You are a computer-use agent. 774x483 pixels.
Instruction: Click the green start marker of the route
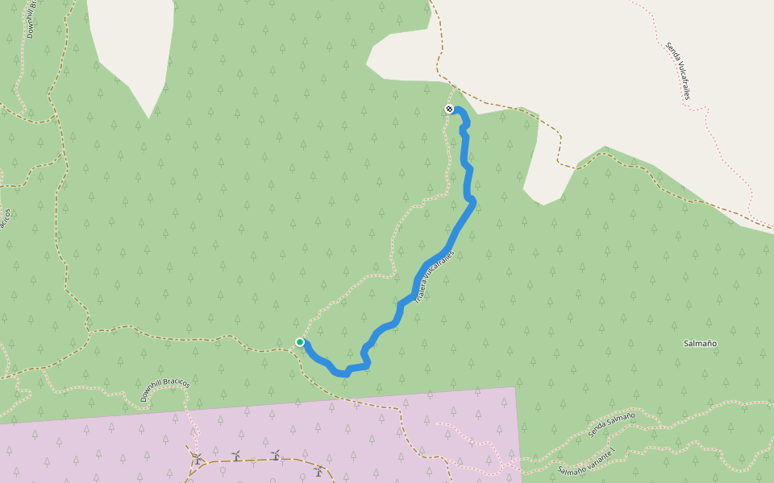tap(300, 342)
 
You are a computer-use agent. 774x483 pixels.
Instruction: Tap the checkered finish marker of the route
tap(449, 109)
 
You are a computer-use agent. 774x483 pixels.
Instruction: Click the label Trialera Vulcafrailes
tap(435, 276)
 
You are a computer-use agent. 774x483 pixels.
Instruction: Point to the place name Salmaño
tap(700, 344)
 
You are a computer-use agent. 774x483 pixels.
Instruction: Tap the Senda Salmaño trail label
tap(611, 424)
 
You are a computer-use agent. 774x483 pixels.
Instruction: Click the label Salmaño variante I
tap(586, 460)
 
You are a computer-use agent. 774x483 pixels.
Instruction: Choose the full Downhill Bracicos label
tap(164, 390)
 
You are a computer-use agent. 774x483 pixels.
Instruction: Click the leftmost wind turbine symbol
tap(196, 460)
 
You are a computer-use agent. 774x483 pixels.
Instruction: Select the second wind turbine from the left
tap(235, 456)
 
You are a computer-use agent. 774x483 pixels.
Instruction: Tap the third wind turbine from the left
tap(275, 455)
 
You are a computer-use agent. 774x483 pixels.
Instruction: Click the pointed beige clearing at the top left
tap(133, 48)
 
